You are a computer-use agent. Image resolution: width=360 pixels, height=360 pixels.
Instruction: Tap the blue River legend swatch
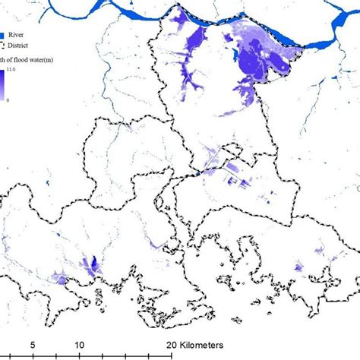[3, 35]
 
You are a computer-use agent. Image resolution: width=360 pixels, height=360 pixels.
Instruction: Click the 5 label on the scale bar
[33, 343]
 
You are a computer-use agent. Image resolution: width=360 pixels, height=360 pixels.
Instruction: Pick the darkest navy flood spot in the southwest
[93, 264]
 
